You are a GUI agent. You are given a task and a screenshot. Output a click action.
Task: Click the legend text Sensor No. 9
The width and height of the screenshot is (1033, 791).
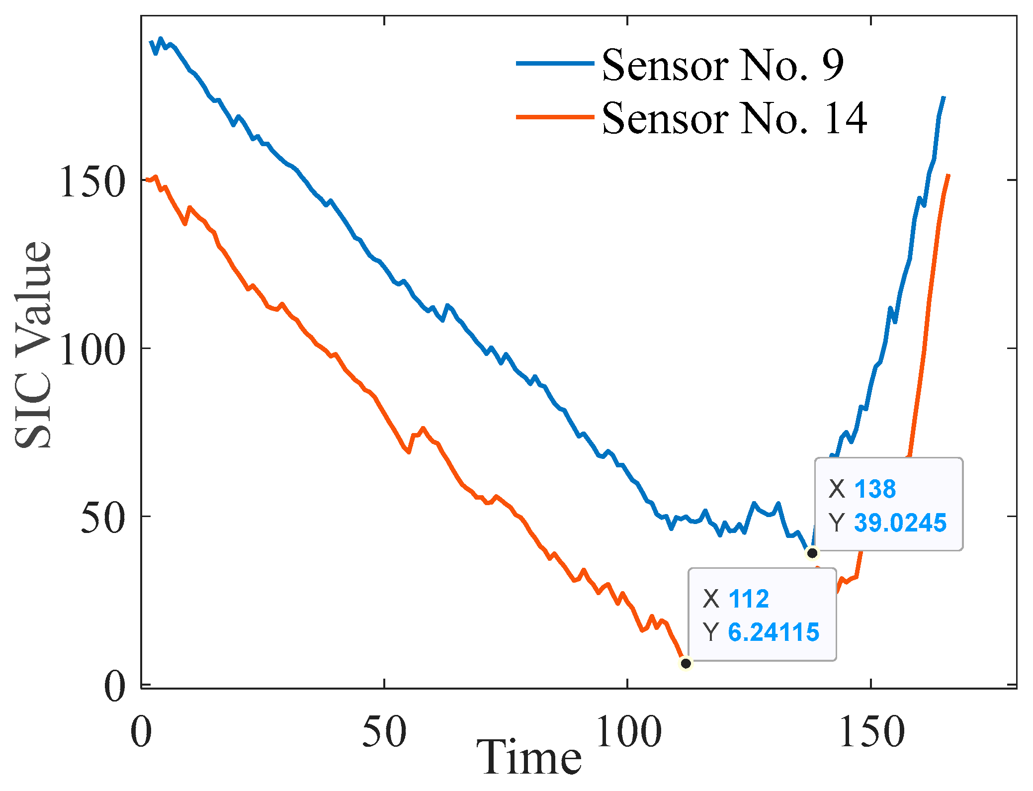click(722, 65)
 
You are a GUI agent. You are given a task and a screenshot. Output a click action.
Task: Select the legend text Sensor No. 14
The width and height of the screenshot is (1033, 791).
click(734, 118)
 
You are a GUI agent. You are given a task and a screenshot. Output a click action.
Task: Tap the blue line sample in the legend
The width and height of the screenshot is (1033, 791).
click(555, 64)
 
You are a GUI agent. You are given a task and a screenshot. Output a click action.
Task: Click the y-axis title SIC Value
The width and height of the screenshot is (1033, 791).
click(33, 345)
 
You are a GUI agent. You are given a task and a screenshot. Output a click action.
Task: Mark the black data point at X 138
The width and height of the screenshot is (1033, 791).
click(812, 553)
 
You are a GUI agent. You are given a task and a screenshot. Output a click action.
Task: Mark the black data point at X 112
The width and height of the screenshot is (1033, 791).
click(686, 663)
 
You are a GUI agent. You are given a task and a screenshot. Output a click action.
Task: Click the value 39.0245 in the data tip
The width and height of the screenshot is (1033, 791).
click(900, 523)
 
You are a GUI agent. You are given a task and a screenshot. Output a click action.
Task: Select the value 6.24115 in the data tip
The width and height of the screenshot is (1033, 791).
click(774, 632)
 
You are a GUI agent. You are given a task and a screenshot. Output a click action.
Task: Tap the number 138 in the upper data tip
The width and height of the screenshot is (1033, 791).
click(875, 489)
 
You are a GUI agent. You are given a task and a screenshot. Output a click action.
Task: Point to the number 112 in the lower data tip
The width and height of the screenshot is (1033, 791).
click(748, 599)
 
